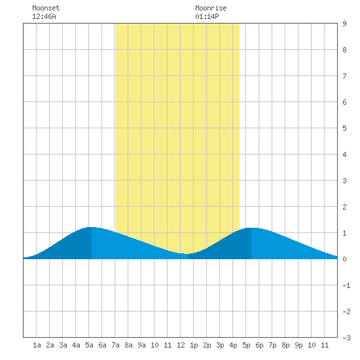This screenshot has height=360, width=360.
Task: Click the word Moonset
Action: coord(46,8)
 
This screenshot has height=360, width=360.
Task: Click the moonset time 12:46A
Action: coord(44,16)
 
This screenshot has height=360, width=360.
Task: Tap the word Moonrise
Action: coord(211,8)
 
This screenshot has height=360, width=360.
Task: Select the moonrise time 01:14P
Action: coord(207,16)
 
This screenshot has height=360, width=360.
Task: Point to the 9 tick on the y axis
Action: coord(344,24)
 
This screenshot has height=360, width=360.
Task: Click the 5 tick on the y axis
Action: coord(344,128)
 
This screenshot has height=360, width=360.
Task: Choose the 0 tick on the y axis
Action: coord(344,259)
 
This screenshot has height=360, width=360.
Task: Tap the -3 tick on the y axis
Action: coord(346,338)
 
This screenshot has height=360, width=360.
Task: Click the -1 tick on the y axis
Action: coord(346,285)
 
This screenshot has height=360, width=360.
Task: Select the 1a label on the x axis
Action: coord(37,345)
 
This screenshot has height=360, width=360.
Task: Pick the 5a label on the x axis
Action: coord(89,345)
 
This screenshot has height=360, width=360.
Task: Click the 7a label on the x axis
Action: coord(115,345)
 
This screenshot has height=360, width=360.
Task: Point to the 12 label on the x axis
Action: coord(181,345)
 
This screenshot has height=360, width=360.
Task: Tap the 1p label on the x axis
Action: coord(194,345)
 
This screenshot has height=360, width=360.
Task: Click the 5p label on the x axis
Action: coord(246,345)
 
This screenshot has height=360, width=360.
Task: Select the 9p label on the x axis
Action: coord(298,345)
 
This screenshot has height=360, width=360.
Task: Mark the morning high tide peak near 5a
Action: coord(92,227)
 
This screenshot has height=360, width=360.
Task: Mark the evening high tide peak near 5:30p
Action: coord(251,228)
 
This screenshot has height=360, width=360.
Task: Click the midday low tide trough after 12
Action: coord(188,254)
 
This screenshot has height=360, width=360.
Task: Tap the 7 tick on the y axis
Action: coord(344,76)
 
